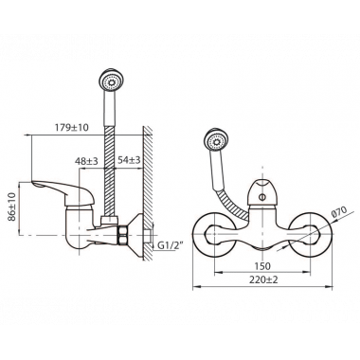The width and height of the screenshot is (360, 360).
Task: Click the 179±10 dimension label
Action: (x=72, y=127)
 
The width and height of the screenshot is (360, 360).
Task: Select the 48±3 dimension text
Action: (x=86, y=161)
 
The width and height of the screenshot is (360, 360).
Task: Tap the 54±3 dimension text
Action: (x=129, y=160)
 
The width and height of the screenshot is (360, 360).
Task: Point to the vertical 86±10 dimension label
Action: (x=11, y=207)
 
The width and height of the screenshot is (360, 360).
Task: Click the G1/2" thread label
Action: (x=171, y=244)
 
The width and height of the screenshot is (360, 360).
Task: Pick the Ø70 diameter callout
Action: (x=339, y=211)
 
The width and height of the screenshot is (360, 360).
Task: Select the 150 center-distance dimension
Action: (x=262, y=266)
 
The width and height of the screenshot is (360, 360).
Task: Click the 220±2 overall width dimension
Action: (x=264, y=279)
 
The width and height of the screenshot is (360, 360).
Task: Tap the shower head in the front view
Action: (x=216, y=140)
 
